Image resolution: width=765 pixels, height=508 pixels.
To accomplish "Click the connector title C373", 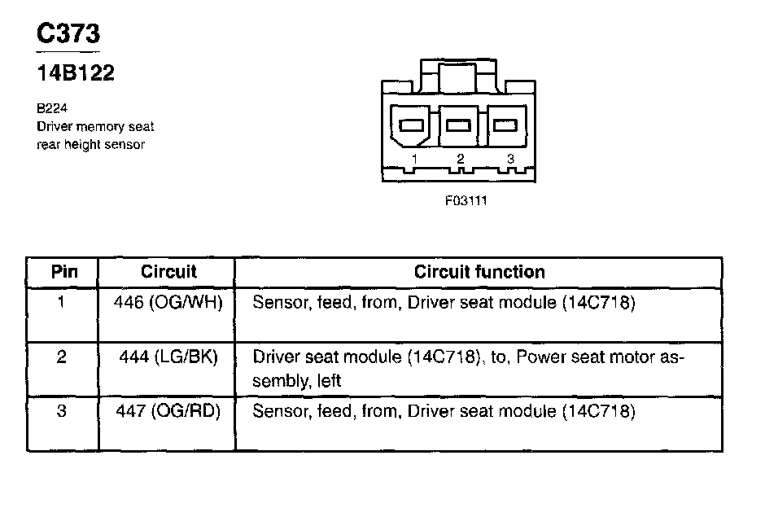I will coord(69,34).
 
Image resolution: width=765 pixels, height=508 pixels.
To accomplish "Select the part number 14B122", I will coord(76,73).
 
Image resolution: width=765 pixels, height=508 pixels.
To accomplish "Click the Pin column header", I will coord(64,272).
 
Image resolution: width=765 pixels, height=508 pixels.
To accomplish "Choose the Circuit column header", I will coord(168,272).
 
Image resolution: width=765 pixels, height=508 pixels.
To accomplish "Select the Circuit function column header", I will coord(479,272).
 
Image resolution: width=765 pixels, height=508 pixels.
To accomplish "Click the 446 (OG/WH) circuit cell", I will coord(168,303).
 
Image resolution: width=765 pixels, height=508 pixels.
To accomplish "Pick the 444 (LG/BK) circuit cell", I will coord(168,357).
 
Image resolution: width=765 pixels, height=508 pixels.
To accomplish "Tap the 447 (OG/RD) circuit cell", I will coord(168,412).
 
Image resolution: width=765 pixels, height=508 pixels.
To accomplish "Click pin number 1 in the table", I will coord(62,303).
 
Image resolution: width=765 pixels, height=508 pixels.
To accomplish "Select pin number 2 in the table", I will coord(62,357).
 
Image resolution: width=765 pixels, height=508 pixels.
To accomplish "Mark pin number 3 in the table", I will coord(62,412).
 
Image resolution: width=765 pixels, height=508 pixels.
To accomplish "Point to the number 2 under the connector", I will coord(461,159).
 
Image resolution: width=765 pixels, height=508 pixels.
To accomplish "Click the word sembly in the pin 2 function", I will coord(283,380).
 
